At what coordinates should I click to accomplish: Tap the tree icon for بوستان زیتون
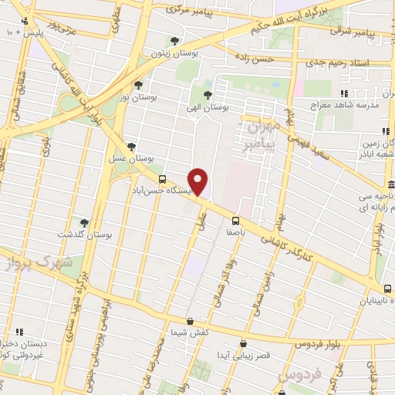(176, 42)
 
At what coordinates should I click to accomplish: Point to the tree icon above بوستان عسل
(132, 146)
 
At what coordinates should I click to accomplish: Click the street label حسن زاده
(254, 58)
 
